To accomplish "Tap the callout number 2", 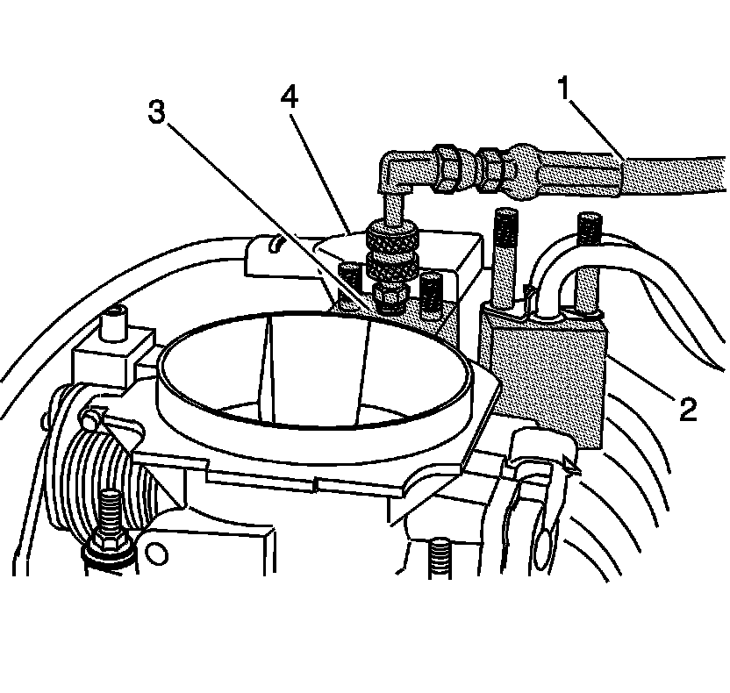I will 687,408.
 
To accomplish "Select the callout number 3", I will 156,114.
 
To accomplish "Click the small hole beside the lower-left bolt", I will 157,554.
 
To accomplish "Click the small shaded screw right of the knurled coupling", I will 429,294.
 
